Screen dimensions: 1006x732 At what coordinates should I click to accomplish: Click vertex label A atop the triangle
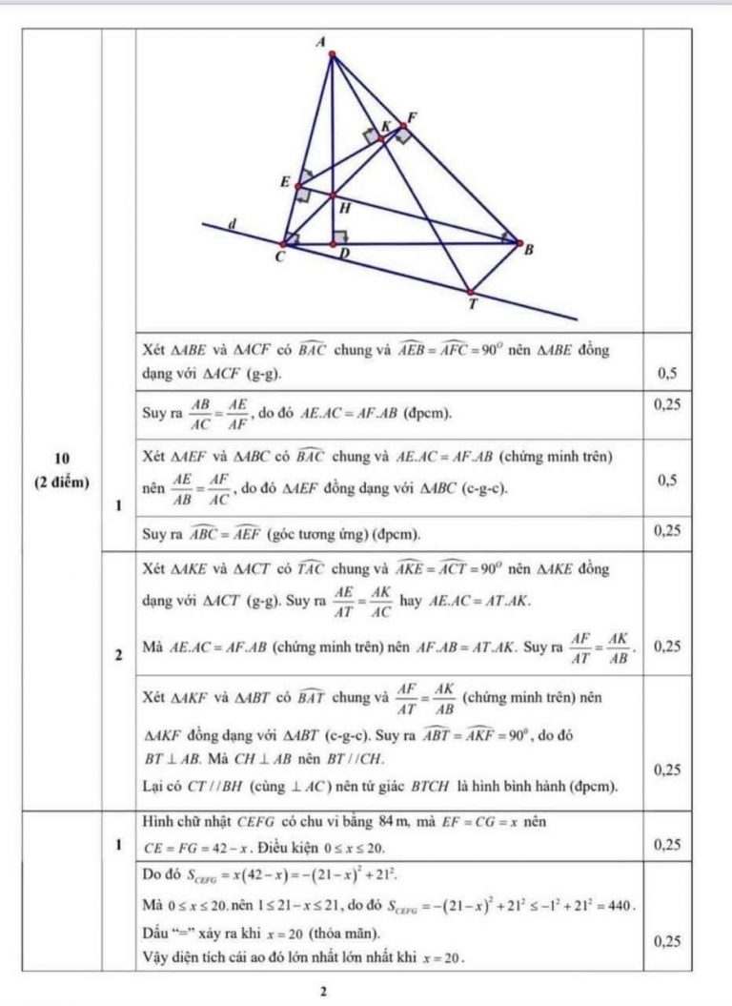[332, 41]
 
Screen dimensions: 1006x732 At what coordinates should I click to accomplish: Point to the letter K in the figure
[386, 126]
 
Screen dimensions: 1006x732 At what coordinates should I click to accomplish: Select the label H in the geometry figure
[344, 207]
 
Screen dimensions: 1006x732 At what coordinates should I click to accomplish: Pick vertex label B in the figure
[529, 250]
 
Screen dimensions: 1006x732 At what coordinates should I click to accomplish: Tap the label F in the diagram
[412, 117]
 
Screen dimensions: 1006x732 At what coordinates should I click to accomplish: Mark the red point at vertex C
[282, 244]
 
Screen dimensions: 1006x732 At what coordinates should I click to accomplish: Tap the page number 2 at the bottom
[324, 992]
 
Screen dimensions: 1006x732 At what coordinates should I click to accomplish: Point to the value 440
[619, 903]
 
